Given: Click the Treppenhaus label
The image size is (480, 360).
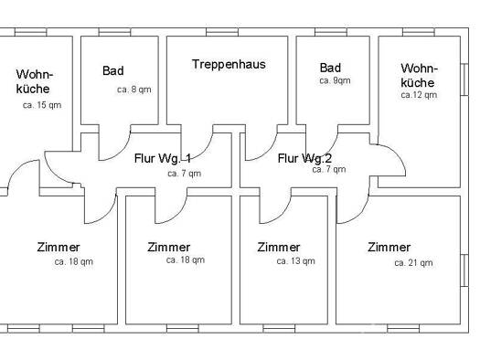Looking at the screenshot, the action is pyautogui.click(x=229, y=65).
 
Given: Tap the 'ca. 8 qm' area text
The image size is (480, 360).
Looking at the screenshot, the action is pyautogui.click(x=134, y=90).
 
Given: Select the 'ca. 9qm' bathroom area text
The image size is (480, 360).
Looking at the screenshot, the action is pyautogui.click(x=335, y=80).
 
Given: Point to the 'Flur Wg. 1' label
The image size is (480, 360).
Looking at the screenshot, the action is pyautogui.click(x=163, y=158).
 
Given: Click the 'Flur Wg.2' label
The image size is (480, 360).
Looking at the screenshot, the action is pyautogui.click(x=304, y=158).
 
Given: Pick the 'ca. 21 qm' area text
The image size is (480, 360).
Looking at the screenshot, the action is pyautogui.click(x=413, y=263).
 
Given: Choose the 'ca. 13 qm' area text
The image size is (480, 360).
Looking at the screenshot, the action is pyautogui.click(x=295, y=261).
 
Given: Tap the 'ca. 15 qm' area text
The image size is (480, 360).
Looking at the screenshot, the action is pyautogui.click(x=42, y=105).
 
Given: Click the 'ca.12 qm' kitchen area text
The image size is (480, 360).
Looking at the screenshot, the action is pyautogui.click(x=419, y=95).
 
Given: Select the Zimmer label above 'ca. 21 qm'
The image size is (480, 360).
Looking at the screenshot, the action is pyautogui.click(x=389, y=247).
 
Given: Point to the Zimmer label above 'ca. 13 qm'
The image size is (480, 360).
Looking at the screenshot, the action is pyautogui.click(x=279, y=247).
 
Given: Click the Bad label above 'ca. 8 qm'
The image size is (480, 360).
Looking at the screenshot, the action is pyautogui.click(x=113, y=70).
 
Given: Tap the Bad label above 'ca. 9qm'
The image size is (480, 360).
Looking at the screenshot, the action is pyautogui.click(x=330, y=68).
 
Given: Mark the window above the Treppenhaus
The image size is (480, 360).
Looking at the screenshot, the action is pyautogui.click(x=222, y=32).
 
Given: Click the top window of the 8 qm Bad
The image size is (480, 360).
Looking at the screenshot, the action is pyautogui.click(x=115, y=32).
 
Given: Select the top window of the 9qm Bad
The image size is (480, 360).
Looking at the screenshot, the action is pyautogui.click(x=331, y=32).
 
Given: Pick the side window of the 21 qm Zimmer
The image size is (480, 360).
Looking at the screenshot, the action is pyautogui.click(x=464, y=270).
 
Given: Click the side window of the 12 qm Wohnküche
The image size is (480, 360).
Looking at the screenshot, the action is pyautogui.click(x=464, y=79).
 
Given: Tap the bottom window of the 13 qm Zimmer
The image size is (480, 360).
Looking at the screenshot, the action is pyautogui.click(x=279, y=329).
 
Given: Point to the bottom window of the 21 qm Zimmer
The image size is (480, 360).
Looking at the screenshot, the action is pyautogui.click(x=403, y=329).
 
